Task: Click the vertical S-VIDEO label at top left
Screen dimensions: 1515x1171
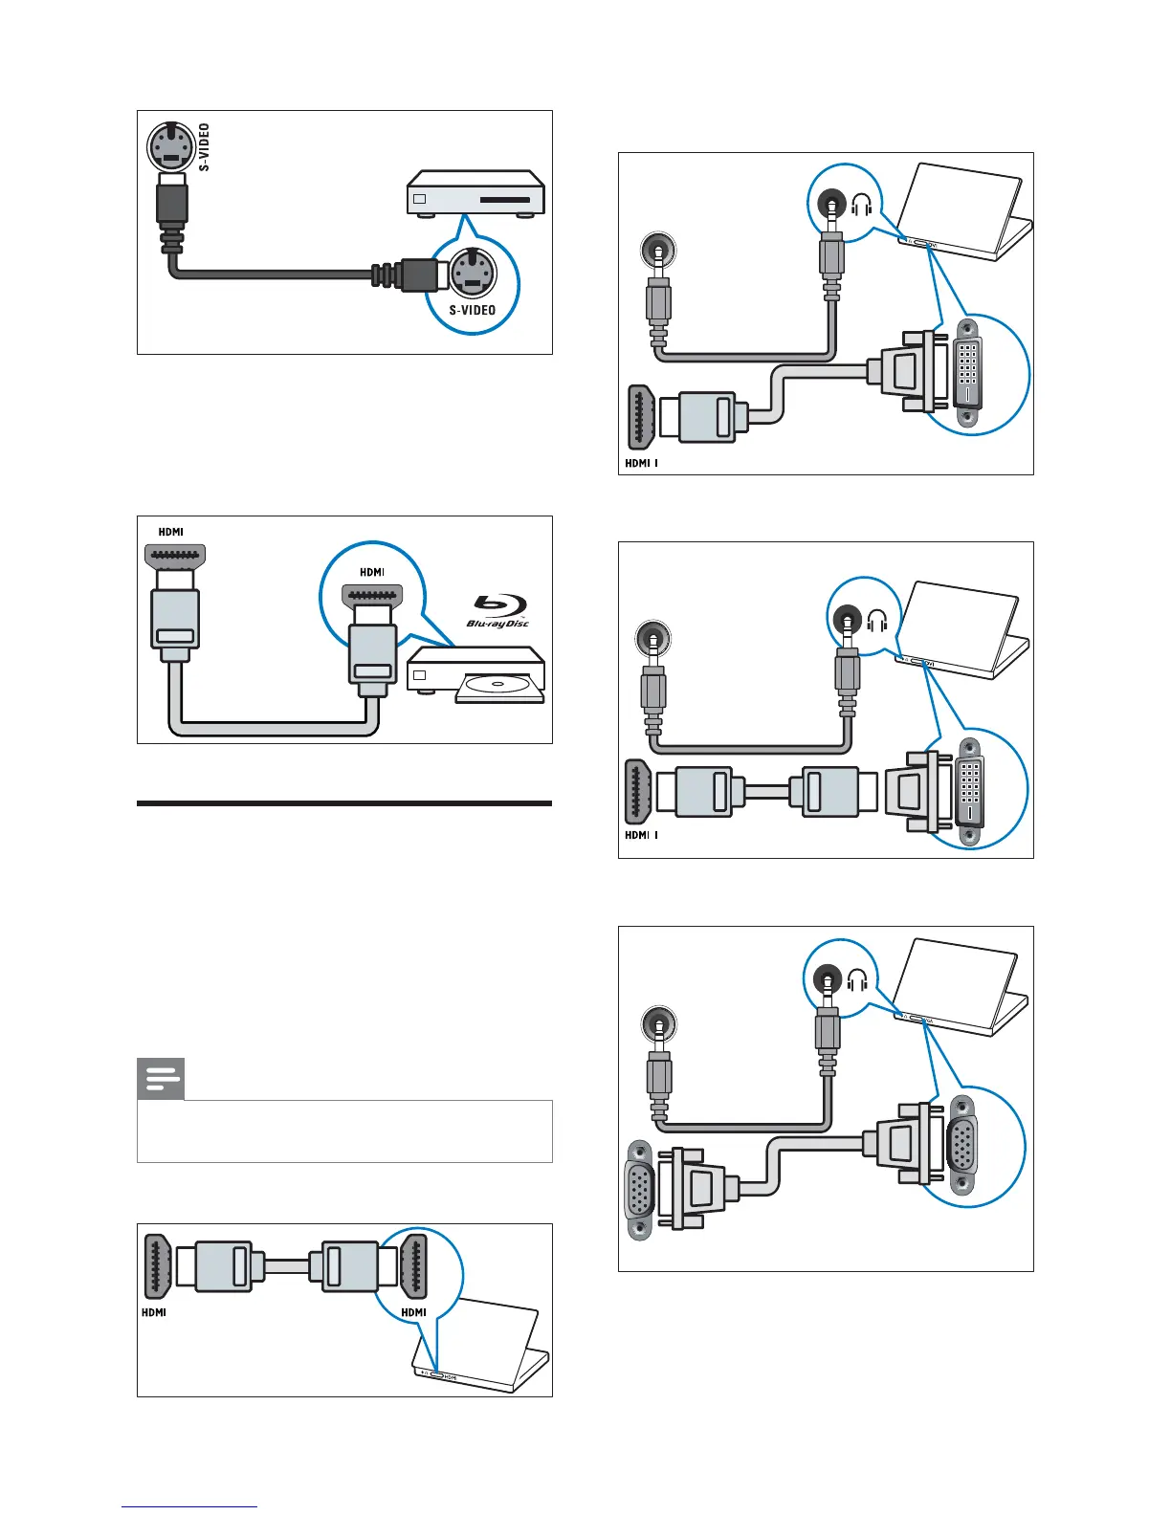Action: coord(205,147)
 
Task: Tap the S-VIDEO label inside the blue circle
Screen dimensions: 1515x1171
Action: coord(473,310)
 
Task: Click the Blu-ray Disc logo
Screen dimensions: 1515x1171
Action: coord(498,611)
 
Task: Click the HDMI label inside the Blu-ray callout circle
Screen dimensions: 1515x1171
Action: coord(372,572)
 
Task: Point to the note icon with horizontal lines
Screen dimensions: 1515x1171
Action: coord(161,1080)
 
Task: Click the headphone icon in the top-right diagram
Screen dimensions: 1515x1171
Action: coord(861,205)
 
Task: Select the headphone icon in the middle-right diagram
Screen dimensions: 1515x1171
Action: coord(877,621)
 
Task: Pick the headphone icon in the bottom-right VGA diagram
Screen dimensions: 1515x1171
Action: coord(857,980)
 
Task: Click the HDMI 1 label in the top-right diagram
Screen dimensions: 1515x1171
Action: coord(641,463)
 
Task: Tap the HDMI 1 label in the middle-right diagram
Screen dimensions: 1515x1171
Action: coord(641,835)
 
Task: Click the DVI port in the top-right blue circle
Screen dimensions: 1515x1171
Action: coord(968,372)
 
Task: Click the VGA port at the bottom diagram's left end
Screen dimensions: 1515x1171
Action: coord(639,1190)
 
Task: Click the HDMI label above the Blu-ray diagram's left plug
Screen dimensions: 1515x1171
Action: coord(171,532)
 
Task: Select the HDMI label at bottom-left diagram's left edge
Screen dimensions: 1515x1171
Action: coord(154,1312)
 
